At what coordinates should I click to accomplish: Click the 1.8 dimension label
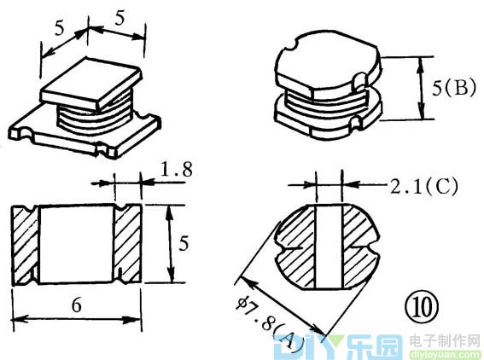coord(177,169)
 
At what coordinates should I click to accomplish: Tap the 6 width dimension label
coord(77,305)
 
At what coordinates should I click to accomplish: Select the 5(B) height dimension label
coord(454,88)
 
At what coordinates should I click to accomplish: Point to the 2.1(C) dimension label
coord(423,186)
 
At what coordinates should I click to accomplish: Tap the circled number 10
coord(422,307)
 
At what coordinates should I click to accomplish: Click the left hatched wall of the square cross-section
coord(25,245)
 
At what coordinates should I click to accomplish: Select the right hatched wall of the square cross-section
coord(127,244)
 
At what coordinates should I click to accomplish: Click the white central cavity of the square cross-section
coord(76,244)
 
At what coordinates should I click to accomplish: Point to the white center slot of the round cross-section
coord(329,247)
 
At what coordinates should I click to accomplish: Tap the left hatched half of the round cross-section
coord(296,247)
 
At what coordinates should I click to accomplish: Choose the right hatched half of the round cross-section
coord(359,247)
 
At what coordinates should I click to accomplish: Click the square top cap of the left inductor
coord(91,84)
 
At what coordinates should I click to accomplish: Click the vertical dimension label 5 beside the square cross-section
coord(183,243)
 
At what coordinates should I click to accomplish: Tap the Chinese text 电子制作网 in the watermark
coord(446,341)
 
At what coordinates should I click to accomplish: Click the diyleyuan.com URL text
coord(446,354)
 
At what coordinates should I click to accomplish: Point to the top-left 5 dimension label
coord(59,28)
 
